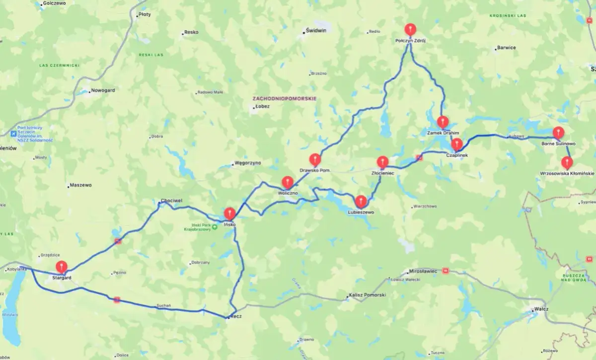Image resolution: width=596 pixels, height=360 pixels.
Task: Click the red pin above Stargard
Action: click(62, 267)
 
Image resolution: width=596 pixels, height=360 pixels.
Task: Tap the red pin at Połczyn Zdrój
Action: click(410, 29)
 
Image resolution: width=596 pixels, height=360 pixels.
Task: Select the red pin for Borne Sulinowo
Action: click(559, 133)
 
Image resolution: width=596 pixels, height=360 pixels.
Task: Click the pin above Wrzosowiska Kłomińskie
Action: click(567, 162)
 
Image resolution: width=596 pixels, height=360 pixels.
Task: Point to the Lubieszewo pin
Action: click(361, 201)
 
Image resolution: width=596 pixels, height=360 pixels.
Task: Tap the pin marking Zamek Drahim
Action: click(443, 122)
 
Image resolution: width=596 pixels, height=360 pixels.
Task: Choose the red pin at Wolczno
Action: click(288, 182)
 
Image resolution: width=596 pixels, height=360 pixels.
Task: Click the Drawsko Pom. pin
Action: click(315, 159)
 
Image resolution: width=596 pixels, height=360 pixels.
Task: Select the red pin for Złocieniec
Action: click(382, 162)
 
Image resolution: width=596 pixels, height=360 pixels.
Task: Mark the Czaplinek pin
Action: click(457, 144)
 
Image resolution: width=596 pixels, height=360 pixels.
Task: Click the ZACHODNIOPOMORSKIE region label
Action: click(285, 98)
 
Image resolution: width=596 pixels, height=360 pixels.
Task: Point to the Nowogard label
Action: click(103, 91)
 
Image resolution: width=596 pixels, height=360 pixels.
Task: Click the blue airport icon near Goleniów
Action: click(13, 134)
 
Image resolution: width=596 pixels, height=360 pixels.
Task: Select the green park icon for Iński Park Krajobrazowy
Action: click(215, 227)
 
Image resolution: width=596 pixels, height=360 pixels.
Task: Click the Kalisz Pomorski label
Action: click(367, 295)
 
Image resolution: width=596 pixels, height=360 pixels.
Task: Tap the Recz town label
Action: click(236, 316)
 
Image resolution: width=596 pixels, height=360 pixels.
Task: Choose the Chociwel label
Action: click(171, 201)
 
